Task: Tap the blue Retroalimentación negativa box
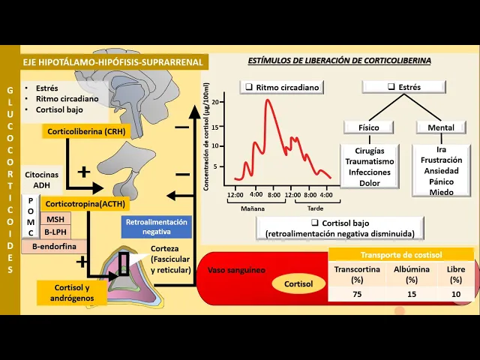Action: pos(157,227)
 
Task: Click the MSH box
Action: pos(55,219)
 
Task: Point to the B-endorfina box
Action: pos(55,245)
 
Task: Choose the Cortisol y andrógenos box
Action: pos(72,292)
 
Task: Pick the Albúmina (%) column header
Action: pos(412,274)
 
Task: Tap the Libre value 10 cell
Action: pos(456,294)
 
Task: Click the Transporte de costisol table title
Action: pos(401,254)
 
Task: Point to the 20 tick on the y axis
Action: pos(216,102)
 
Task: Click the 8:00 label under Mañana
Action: pos(273,195)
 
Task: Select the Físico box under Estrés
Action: pos(369,127)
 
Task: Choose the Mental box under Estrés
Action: pos(440,127)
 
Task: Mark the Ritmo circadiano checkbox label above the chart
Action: pos(283,87)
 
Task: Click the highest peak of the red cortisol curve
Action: pos(267,100)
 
